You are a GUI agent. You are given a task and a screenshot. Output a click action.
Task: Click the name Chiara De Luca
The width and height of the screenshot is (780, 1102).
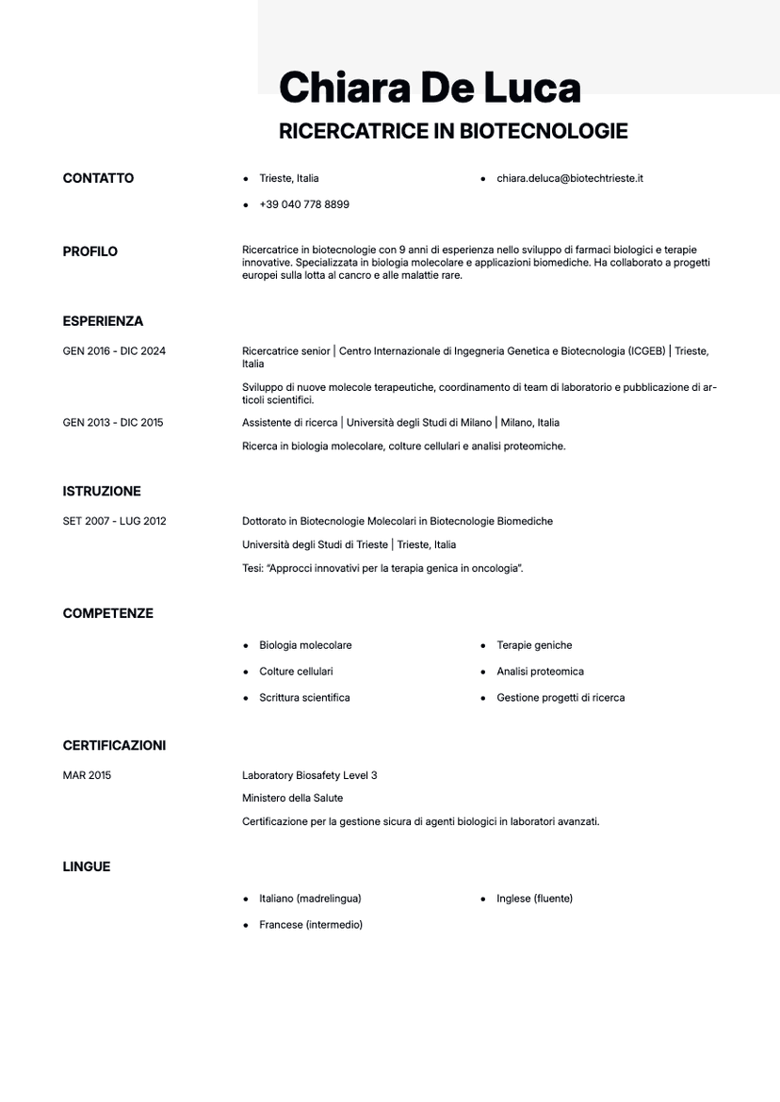click(430, 88)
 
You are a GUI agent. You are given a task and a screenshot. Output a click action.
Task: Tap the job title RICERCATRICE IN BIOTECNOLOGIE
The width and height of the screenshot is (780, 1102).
click(453, 131)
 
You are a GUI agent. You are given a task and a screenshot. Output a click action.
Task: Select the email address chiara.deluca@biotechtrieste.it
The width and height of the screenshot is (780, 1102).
click(569, 178)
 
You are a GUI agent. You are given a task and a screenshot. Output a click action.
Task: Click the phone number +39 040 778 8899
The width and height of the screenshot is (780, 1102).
click(303, 204)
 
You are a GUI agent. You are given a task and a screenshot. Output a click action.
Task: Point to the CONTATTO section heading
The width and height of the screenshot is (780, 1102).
click(98, 178)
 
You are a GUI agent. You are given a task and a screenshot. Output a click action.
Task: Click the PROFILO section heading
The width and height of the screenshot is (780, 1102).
click(90, 251)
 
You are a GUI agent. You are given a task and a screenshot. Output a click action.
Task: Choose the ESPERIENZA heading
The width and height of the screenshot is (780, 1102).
click(103, 321)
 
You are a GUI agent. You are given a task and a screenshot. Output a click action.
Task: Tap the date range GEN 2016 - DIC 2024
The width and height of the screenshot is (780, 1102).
click(114, 351)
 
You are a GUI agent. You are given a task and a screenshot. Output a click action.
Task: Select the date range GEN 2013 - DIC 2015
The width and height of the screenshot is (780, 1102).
click(113, 423)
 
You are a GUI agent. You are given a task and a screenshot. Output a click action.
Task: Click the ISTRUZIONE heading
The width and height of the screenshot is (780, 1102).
click(102, 491)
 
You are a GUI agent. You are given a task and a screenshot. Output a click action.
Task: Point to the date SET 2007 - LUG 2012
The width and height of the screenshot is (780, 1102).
click(114, 521)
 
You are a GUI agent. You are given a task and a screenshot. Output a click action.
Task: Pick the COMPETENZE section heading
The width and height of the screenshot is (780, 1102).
click(107, 613)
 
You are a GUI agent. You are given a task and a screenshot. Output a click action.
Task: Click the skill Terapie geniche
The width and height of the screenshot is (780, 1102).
click(534, 645)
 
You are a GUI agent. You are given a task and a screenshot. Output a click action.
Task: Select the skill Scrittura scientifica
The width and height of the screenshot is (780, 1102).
click(304, 698)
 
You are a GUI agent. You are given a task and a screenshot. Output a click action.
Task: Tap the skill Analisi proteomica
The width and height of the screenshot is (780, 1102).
click(540, 672)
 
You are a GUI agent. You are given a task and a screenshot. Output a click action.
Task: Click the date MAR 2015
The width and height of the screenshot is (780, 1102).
click(87, 775)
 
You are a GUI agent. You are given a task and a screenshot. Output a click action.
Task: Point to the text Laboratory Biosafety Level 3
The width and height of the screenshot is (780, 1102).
click(309, 775)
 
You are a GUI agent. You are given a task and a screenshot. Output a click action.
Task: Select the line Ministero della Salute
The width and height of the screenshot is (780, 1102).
click(292, 798)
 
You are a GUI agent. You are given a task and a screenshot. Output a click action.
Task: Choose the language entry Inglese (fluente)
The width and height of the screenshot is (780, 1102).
click(534, 899)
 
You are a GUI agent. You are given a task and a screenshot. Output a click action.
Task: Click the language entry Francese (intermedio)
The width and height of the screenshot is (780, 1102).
click(310, 925)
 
